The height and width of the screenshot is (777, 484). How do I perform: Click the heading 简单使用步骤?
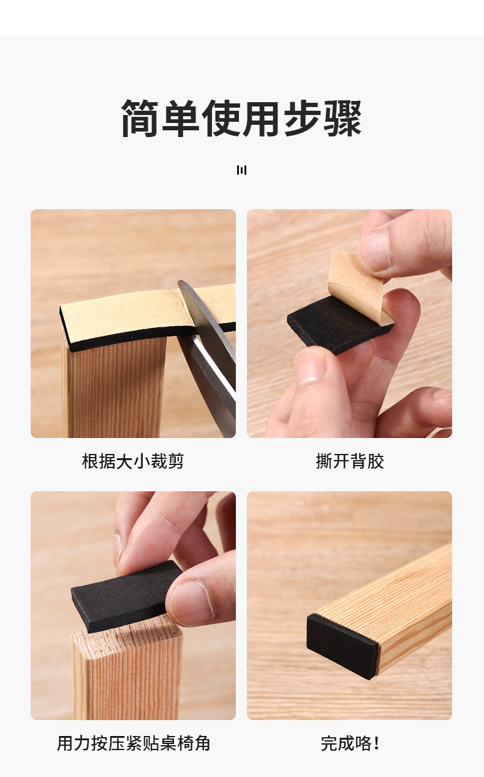pyautogui.click(x=241, y=118)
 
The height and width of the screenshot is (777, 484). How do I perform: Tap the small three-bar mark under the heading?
pyautogui.click(x=241, y=170)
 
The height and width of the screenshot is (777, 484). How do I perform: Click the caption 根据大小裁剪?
pyautogui.click(x=133, y=461)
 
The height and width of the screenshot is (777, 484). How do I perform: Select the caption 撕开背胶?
pyautogui.click(x=349, y=461)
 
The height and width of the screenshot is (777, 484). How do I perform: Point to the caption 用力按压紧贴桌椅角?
pyautogui.click(x=133, y=743)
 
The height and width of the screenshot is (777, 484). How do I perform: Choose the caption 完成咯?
pyautogui.click(x=349, y=743)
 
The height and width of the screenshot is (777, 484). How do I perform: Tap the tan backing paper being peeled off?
pyautogui.click(x=355, y=278)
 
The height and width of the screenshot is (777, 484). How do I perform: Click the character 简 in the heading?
pyautogui.click(x=140, y=118)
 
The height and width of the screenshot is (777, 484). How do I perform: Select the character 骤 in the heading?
pyautogui.click(x=342, y=118)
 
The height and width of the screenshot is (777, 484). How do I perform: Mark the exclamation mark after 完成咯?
pyautogui.click(x=376, y=743)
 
